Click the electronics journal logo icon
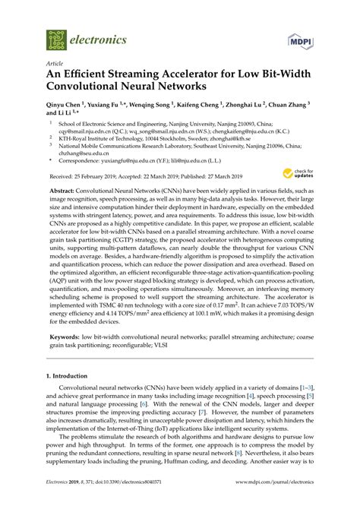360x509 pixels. (55, 36)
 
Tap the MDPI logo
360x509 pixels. (301, 38)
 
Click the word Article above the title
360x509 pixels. (54, 64)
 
